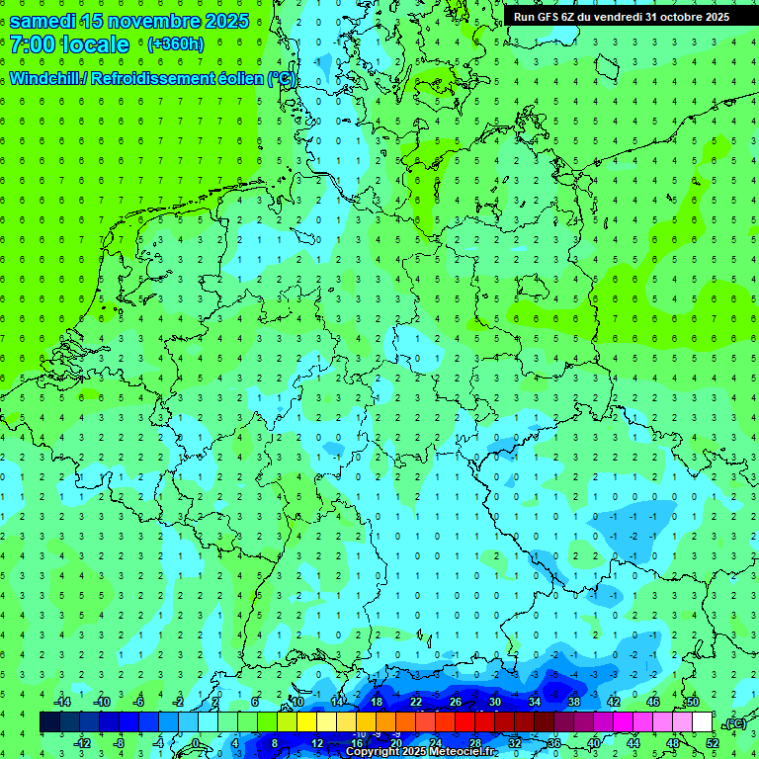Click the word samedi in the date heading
(42, 21)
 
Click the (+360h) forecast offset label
(175, 44)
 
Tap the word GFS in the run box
(549, 17)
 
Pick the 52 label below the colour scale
(712, 743)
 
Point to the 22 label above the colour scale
(415, 702)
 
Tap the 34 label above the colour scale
(534, 702)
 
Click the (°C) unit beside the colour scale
(735, 723)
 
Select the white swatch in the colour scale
(702, 722)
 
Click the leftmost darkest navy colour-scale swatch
(49, 722)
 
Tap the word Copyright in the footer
(372, 752)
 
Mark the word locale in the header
(95, 44)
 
